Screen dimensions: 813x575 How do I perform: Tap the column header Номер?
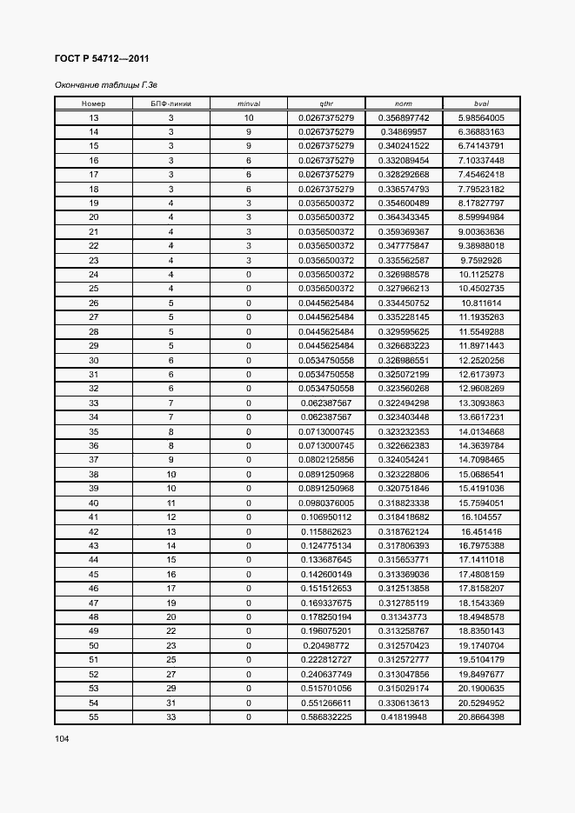(93, 103)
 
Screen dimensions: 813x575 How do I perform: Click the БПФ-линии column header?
(171, 103)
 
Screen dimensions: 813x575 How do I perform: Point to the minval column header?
(249, 103)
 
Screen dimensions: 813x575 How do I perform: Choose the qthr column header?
(326, 103)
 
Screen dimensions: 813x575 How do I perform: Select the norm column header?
(404, 103)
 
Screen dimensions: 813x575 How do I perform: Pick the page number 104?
(62, 738)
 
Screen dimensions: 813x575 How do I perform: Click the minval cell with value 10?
(249, 117)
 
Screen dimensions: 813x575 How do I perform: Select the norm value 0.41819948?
(404, 716)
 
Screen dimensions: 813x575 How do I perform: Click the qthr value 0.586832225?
(326, 716)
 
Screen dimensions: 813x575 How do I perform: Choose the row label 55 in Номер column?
(93, 716)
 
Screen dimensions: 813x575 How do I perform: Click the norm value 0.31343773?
(404, 616)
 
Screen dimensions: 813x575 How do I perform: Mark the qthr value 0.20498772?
(326, 645)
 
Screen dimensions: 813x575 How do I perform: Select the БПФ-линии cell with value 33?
(171, 716)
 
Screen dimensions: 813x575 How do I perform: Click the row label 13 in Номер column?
(93, 117)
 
